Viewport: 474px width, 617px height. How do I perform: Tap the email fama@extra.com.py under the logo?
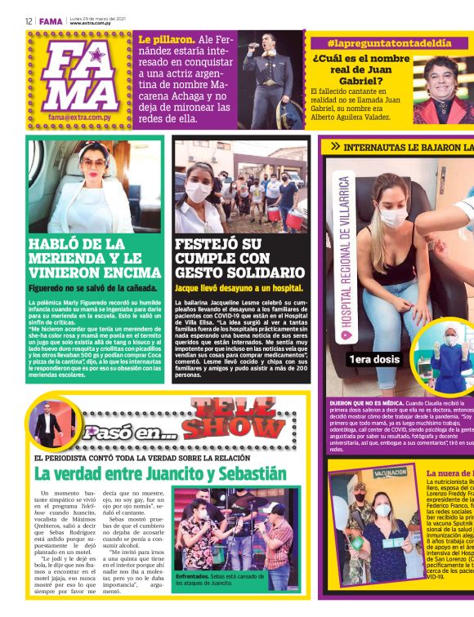(78, 117)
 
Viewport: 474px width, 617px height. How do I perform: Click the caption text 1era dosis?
(375, 359)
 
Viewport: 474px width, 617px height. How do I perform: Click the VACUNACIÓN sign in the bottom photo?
(390, 473)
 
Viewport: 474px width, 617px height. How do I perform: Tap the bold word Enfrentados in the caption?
(193, 575)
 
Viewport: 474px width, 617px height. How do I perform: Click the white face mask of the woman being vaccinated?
(391, 217)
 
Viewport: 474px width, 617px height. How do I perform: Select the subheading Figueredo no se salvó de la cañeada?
(87, 288)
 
